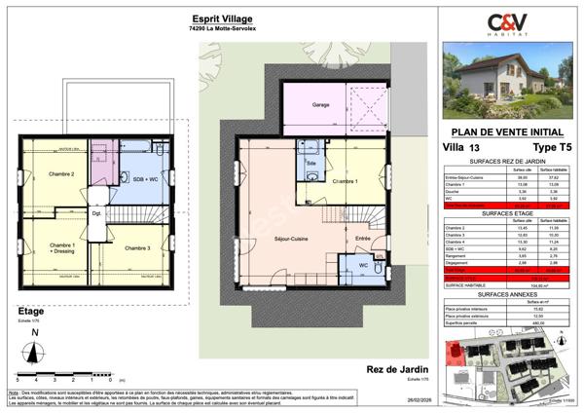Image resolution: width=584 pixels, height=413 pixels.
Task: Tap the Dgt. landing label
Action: pyautogui.click(x=97, y=213)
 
